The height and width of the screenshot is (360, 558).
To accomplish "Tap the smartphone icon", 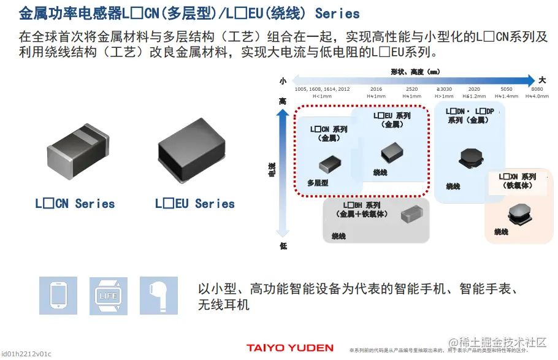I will pyautogui.click(x=58, y=295).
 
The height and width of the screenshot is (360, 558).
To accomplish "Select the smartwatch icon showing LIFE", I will pyautogui.click(x=108, y=296).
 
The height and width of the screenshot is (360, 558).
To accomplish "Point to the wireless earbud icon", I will pyautogui.click(x=158, y=295).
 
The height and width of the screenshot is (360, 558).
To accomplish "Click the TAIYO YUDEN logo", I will pyautogui.click(x=290, y=348).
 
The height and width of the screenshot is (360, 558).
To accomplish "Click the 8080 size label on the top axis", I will pyautogui.click(x=532, y=89).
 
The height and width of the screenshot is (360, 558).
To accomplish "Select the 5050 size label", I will pyautogui.click(x=506, y=89).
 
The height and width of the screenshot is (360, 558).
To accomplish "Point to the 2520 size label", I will pyautogui.click(x=411, y=89).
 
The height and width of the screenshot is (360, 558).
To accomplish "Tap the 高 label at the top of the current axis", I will pyautogui.click(x=282, y=101).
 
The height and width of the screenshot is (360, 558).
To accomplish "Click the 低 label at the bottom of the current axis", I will pyautogui.click(x=282, y=245).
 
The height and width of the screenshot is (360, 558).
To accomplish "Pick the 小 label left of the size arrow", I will pyautogui.click(x=283, y=80).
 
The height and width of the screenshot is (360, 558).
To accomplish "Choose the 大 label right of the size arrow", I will pyautogui.click(x=542, y=80).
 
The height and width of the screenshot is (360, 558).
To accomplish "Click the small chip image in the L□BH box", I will pyautogui.click(x=410, y=215).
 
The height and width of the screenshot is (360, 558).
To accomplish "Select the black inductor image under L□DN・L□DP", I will pyautogui.click(x=470, y=157).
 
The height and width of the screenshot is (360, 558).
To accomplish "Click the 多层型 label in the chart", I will pyautogui.click(x=318, y=183).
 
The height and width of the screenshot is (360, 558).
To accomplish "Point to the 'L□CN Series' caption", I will pyautogui.click(x=75, y=204).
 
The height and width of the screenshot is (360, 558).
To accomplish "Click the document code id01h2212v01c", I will pyautogui.click(x=26, y=354).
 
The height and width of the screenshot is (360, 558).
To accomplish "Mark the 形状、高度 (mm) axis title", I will pyautogui.click(x=415, y=72).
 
